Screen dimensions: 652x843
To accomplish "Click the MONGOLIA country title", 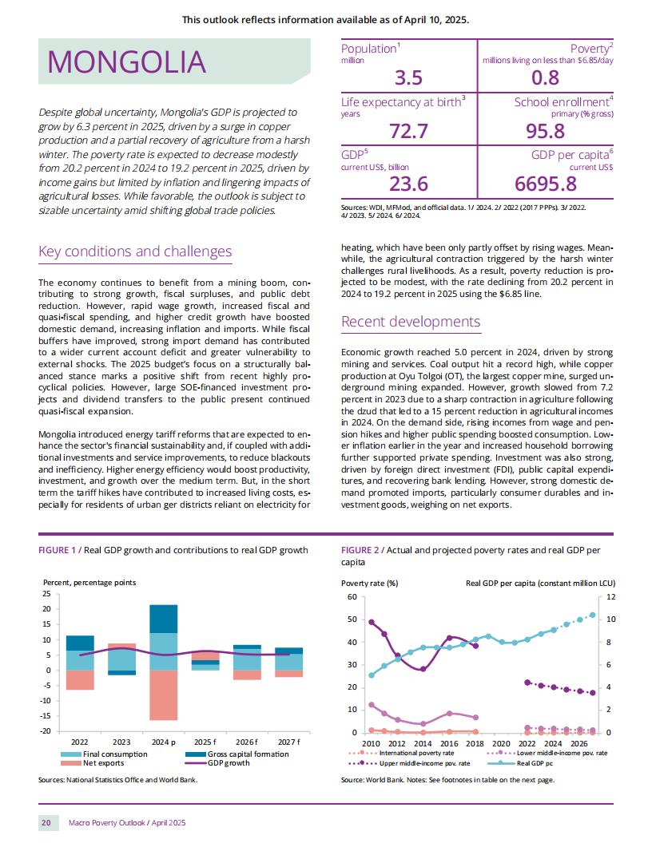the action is tap(126, 61).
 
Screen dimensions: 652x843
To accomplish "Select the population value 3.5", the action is tap(409, 78).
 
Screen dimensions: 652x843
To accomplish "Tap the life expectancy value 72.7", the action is tap(409, 131).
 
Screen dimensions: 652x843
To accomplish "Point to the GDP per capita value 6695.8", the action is tap(546, 184).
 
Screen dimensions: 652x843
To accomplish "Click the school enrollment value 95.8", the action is tap(546, 131).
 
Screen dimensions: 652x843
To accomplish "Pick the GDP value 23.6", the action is tap(409, 184).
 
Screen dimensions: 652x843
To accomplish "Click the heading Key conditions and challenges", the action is tap(135, 251).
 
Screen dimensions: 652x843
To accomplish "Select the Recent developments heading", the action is tap(411, 322).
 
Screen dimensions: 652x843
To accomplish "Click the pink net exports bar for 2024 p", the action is tap(164, 695).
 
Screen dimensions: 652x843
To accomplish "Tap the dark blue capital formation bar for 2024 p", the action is tap(164, 619).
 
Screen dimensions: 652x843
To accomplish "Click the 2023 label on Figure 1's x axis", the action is tap(121, 742).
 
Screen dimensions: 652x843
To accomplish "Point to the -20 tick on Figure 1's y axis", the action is tap(46, 730).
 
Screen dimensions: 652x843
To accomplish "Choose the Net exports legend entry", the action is tap(93, 763).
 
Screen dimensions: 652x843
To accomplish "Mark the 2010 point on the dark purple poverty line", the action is tap(372, 622).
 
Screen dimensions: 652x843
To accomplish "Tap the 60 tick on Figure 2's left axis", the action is tap(352, 597).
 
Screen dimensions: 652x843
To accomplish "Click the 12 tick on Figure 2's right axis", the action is tap(611, 597).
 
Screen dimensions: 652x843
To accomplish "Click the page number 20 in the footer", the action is tap(46, 822).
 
